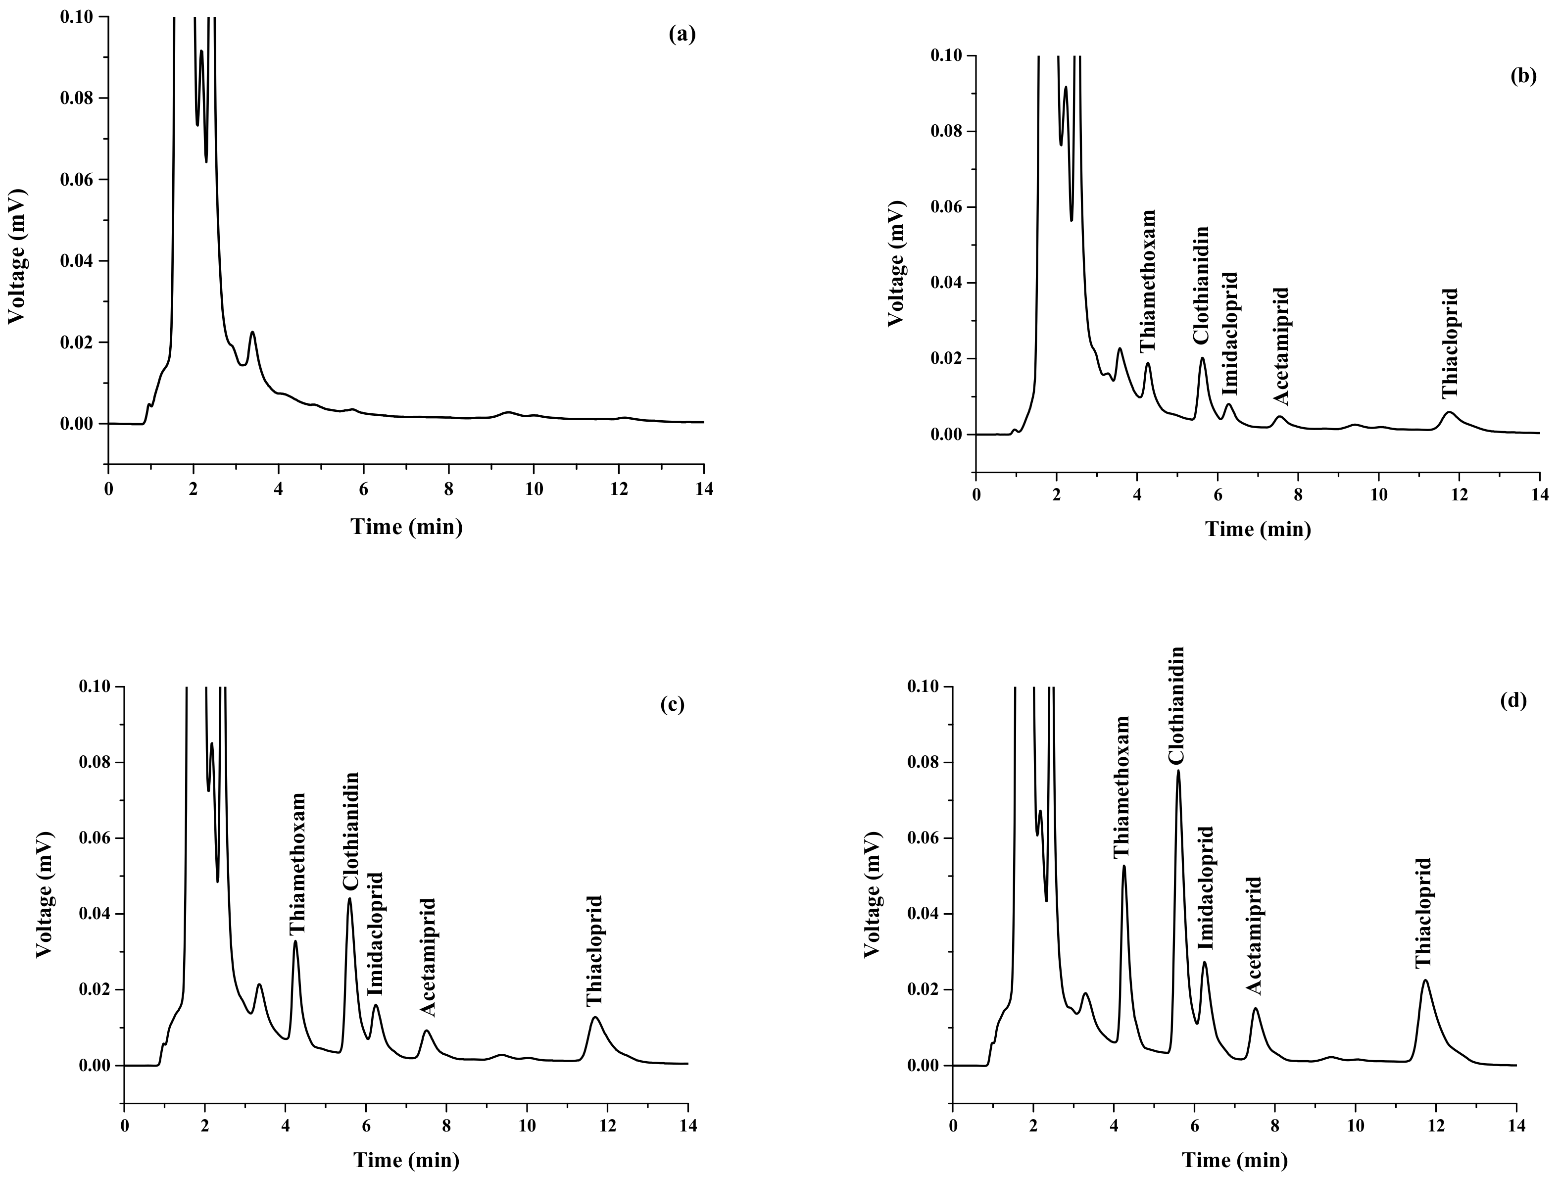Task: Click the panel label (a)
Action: pos(682,34)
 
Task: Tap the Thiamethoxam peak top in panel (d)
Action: pos(1124,866)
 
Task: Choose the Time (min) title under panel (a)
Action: pos(407,526)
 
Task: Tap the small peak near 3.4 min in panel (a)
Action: pos(252,333)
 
